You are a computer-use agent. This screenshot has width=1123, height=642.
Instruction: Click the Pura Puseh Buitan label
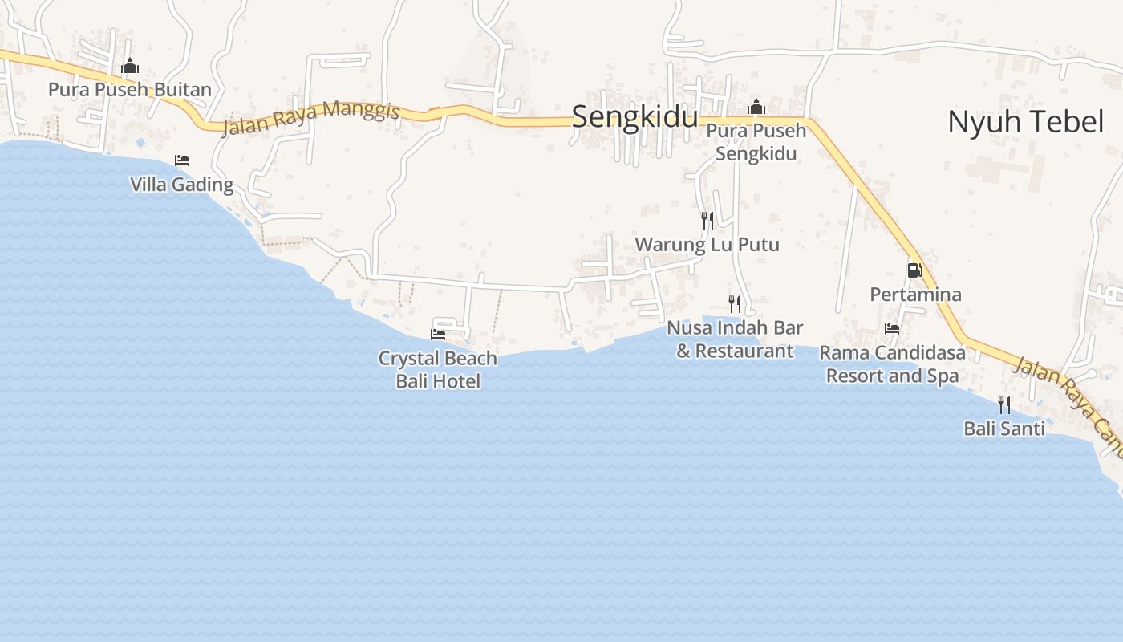(x=130, y=89)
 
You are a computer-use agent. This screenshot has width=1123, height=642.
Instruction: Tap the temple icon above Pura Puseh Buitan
(x=130, y=67)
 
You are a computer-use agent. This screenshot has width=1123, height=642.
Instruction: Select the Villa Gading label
(x=182, y=185)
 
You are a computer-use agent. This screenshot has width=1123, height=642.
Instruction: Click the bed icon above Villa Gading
(x=182, y=160)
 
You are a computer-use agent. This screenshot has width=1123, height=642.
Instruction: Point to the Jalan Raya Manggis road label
(x=310, y=118)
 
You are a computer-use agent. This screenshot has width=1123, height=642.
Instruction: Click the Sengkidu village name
(x=634, y=117)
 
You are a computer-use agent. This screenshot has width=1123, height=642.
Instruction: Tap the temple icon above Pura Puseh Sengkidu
(x=756, y=107)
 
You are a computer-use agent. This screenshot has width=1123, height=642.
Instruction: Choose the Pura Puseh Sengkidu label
(x=756, y=141)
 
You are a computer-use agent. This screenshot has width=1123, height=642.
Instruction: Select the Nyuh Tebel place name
(x=1026, y=122)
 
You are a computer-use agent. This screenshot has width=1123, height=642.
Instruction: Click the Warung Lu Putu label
(x=707, y=244)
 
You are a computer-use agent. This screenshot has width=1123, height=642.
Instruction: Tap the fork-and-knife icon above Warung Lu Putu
(x=707, y=221)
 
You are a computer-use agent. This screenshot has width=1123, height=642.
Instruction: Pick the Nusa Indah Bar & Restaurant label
(x=735, y=339)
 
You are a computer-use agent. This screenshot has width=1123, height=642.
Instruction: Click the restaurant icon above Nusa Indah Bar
(x=735, y=303)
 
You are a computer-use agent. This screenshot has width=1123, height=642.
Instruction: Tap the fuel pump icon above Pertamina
(x=914, y=270)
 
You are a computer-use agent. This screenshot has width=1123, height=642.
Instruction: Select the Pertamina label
(x=915, y=295)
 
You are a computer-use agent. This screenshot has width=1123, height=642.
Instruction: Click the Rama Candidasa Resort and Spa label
(x=892, y=364)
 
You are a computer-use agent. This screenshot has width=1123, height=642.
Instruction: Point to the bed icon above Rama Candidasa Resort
(x=892, y=328)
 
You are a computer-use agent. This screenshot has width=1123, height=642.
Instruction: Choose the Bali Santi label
(x=1004, y=429)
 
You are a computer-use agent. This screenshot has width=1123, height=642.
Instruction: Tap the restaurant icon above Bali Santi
(x=1004, y=404)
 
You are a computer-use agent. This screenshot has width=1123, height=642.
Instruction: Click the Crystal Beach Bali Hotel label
(x=438, y=369)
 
